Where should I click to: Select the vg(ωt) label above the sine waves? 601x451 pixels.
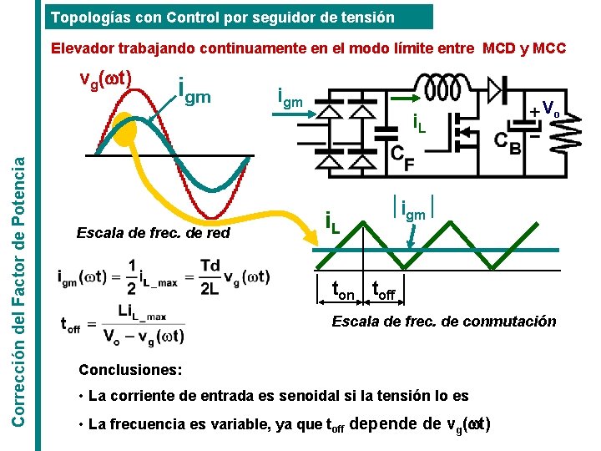(x=104, y=79)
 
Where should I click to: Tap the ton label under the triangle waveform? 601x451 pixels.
(x=344, y=291)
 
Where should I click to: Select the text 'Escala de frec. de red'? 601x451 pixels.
(x=153, y=233)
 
